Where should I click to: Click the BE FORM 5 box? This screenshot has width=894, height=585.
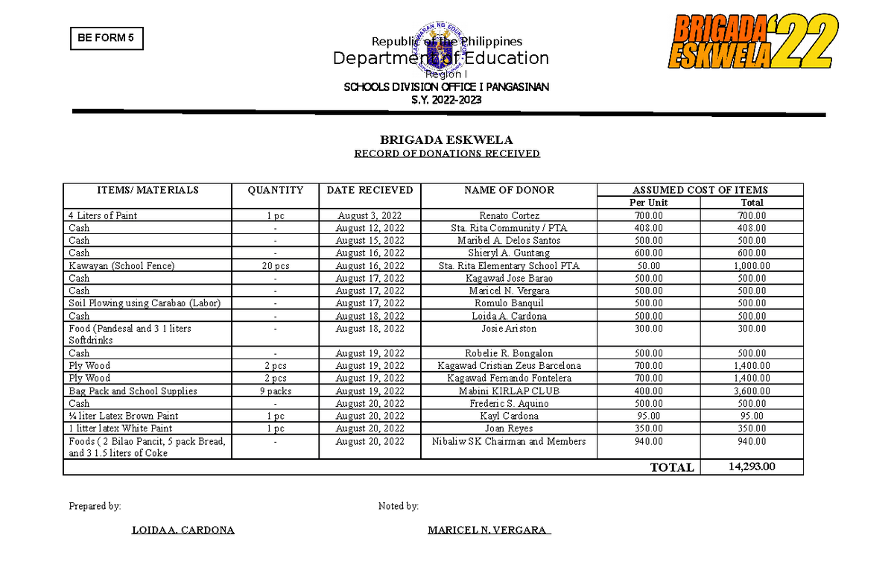[106, 39]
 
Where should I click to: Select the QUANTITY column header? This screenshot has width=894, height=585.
[275, 190]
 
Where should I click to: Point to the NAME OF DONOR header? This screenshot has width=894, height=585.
[509, 190]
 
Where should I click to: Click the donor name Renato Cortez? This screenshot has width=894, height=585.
[509, 215]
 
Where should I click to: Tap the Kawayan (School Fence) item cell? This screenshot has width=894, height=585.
[121, 265]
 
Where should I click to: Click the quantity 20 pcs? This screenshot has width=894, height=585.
[275, 265]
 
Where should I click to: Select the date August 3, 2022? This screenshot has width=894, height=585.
[370, 215]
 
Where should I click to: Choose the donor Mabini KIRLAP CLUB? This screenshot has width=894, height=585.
[509, 390]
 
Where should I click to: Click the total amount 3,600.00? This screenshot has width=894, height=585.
[752, 390]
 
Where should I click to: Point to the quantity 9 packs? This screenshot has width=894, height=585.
[275, 390]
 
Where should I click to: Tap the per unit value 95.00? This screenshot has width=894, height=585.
[648, 416]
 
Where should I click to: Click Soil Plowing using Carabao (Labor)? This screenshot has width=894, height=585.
[145, 303]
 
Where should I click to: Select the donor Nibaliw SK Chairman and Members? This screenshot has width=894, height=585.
[509, 441]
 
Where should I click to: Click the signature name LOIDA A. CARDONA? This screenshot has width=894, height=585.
[183, 531]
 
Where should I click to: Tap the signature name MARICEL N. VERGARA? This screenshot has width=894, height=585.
[489, 531]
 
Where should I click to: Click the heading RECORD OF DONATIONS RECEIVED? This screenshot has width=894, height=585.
[446, 154]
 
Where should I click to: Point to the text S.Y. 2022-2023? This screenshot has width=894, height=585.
[446, 101]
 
